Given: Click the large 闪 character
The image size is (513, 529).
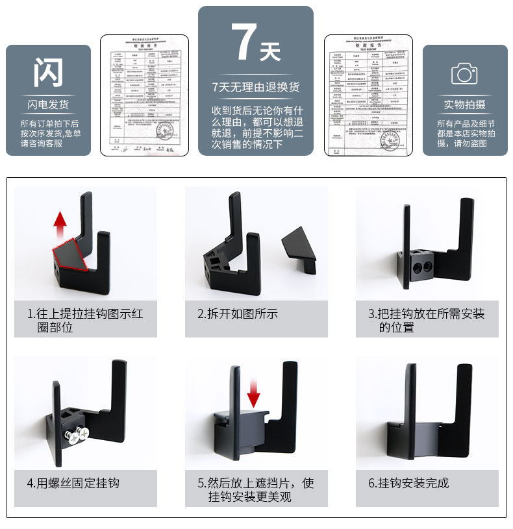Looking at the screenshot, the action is pyautogui.click(x=48, y=72).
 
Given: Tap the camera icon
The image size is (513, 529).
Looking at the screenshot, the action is pyautogui.click(x=464, y=73).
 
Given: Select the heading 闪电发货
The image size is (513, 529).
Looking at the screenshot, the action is pyautogui.click(x=48, y=105).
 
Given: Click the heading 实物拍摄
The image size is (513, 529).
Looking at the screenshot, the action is pyautogui.click(x=464, y=105).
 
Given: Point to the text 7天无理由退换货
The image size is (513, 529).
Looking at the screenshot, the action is pyautogui.click(x=256, y=87).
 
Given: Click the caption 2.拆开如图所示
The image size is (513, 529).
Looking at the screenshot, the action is pyautogui.click(x=238, y=314).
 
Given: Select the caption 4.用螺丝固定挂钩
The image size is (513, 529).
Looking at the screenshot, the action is pyautogui.click(x=73, y=483).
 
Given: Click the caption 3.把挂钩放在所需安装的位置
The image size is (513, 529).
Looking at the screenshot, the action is pyautogui.click(x=426, y=321).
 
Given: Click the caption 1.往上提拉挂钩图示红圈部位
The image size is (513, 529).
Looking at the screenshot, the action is pyautogui.click(x=85, y=321).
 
